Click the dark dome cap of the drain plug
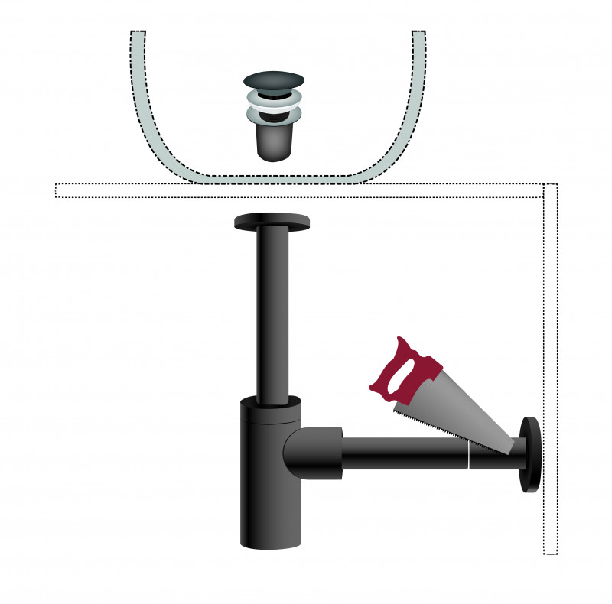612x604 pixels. (274, 80)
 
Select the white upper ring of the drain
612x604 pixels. (274, 98)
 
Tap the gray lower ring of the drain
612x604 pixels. (273, 115)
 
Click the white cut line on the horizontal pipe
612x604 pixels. (467, 454)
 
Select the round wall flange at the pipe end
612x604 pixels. (530, 454)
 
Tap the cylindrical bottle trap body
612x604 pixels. (263, 489)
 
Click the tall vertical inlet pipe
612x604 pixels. (272, 313)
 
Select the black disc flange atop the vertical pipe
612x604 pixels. (272, 222)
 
